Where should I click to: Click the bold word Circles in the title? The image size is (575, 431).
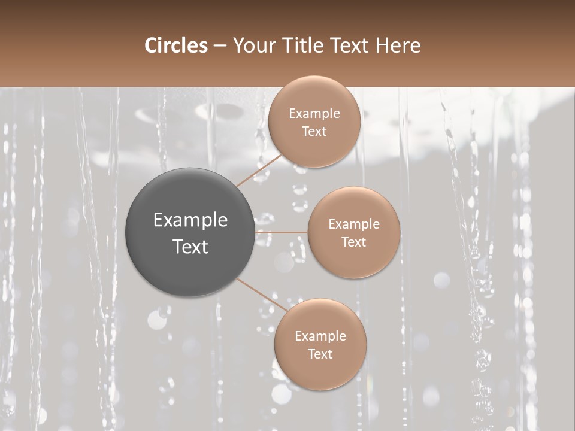[175, 45]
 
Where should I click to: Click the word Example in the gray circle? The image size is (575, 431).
[190, 220]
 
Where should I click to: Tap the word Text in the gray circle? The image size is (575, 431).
[190, 247]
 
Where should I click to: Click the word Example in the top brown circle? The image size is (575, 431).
[314, 114]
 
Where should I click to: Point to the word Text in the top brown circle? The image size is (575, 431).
[314, 132]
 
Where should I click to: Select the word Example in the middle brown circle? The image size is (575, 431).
[354, 224]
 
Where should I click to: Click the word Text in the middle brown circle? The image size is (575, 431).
[354, 242]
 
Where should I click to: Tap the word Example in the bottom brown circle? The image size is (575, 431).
[320, 336]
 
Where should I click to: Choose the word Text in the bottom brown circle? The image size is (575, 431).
[320, 354]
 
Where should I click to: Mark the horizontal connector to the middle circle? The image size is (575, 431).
[281, 232]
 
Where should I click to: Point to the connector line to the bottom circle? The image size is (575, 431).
[262, 295]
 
